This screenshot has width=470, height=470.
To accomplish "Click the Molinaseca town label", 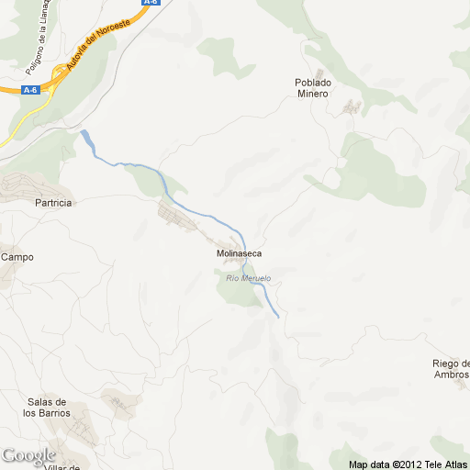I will coord(239,252).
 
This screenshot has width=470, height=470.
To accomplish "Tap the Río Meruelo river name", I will coord(248,278).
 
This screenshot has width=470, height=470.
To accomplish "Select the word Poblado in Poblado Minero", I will coord(312,83).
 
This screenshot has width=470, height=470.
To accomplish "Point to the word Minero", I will coord(312,94).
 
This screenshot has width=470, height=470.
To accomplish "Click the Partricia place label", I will coord(52,203).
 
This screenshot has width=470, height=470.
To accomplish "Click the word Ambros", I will coord(451,375).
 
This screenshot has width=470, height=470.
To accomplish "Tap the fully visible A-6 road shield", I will coord(30,89).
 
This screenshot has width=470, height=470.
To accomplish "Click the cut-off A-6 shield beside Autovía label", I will coord(151,3).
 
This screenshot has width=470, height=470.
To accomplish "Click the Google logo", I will coord(28,455).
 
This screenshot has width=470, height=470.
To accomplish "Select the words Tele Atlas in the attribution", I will coord(448,464).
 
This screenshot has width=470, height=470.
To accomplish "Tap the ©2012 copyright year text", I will coord(409,464).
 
